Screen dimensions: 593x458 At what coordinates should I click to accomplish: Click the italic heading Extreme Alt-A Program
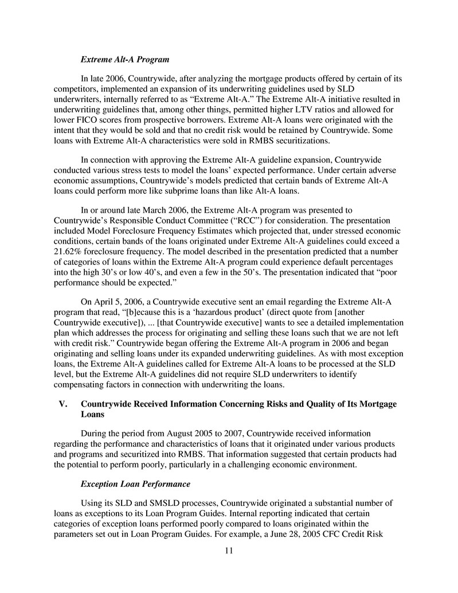coord(124,59)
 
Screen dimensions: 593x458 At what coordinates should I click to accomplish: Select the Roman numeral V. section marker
coord(64,404)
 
